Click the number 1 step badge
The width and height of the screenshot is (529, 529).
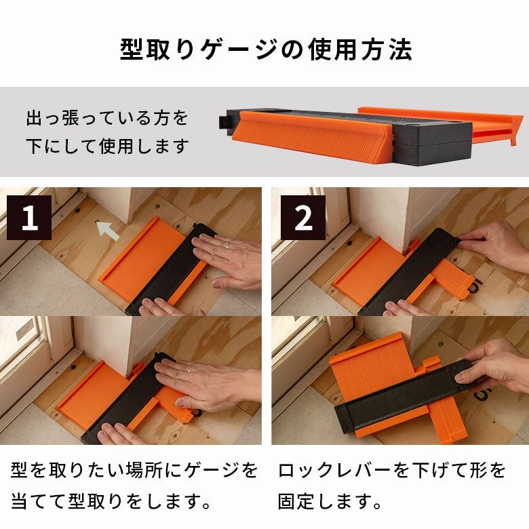tap(29, 218)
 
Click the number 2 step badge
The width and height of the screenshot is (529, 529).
tap(303, 218)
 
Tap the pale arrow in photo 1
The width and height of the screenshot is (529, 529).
tap(108, 231)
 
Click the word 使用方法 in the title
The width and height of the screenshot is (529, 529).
tap(361, 50)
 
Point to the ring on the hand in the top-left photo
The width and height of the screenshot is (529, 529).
tap(228, 246)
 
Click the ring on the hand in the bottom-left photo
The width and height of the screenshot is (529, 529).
tap(190, 370)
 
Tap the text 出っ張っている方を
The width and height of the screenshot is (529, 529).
tap(107, 118)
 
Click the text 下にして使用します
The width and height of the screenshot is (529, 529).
tap(107, 146)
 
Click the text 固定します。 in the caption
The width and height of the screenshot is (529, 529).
tap(330, 501)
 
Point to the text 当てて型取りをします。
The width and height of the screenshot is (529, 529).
tap(111, 501)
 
